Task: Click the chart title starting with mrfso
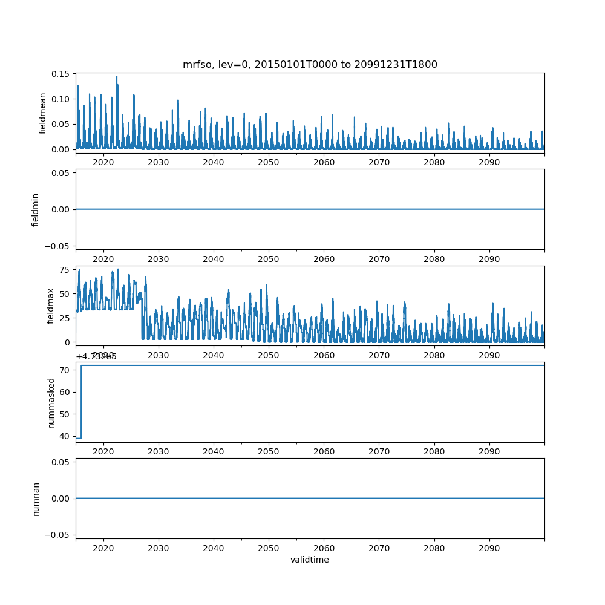(310, 64)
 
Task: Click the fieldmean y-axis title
(42, 113)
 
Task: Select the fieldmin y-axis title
(36, 209)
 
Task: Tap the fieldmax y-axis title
(51, 306)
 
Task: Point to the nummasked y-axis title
(51, 402)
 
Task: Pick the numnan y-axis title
(36, 499)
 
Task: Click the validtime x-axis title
(310, 560)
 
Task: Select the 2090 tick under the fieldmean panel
(489, 162)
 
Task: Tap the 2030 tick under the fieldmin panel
(159, 259)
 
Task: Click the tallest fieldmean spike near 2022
(117, 77)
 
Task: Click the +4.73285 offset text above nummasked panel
(96, 356)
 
